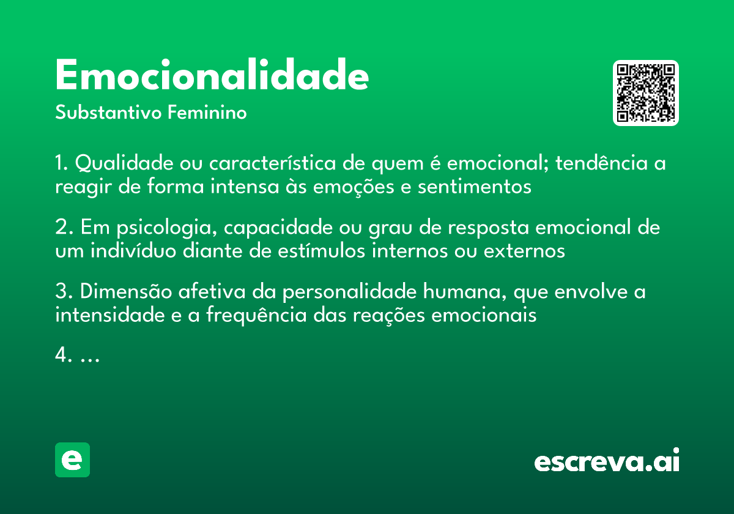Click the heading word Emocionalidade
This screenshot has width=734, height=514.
click(x=212, y=76)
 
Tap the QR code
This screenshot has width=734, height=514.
click(x=646, y=93)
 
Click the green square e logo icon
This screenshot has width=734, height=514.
click(x=72, y=460)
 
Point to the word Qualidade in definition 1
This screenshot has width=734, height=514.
click(x=124, y=164)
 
